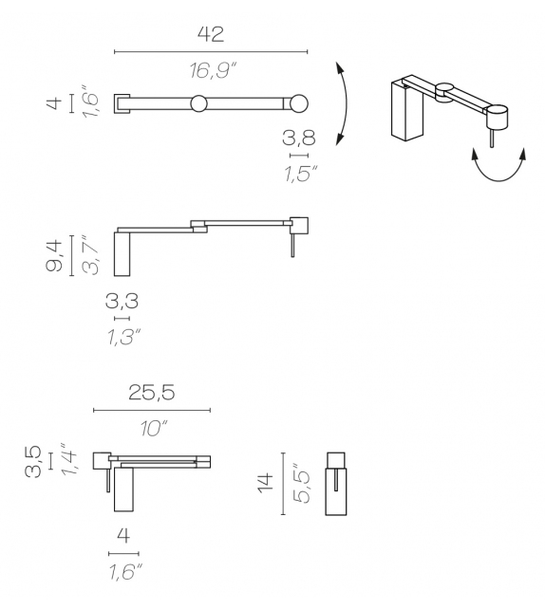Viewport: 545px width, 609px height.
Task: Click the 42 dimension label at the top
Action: [210, 34]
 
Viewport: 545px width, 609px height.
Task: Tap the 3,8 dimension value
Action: [298, 138]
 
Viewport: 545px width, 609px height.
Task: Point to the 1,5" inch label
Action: [300, 173]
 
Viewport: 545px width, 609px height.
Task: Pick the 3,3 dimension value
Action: [122, 302]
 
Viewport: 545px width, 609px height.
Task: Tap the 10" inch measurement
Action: [152, 429]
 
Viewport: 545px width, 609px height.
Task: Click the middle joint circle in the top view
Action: [198, 103]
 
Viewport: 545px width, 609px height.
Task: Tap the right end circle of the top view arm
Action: [298, 103]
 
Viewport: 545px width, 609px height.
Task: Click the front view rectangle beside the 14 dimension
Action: [337, 483]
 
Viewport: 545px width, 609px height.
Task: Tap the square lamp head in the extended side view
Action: [298, 225]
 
